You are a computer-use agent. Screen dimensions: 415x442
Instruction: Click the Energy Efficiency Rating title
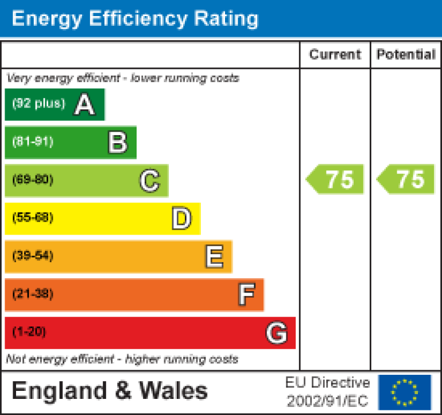tap(135, 18)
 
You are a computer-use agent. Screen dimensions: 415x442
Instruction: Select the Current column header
tap(335, 55)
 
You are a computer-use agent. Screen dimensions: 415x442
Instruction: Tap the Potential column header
tap(406, 55)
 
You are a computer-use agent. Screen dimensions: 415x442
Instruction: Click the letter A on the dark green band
tap(84, 105)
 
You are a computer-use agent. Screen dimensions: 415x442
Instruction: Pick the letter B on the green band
tap(118, 143)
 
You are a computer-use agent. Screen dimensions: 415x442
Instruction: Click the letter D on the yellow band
tap(181, 219)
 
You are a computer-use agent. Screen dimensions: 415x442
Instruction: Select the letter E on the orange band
tap(214, 257)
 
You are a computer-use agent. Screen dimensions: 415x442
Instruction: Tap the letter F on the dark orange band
tap(246, 295)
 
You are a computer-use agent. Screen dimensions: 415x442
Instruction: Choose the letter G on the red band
tap(277, 333)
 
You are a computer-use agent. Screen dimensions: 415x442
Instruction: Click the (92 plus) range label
tap(38, 104)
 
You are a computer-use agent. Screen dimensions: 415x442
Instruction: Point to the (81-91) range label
tap(33, 142)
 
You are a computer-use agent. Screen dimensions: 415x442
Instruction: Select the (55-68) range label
tap(33, 218)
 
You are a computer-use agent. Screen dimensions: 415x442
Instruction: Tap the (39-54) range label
tap(33, 256)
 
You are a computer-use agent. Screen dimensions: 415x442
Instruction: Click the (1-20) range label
tap(29, 332)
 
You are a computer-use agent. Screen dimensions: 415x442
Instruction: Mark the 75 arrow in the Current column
tap(335, 179)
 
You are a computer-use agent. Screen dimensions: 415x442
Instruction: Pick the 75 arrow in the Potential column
tap(406, 179)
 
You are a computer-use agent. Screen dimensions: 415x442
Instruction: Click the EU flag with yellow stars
tap(405, 392)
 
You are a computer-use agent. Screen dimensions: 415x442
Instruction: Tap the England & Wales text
tap(110, 391)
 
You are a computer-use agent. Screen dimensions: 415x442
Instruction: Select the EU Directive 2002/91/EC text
tap(328, 392)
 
